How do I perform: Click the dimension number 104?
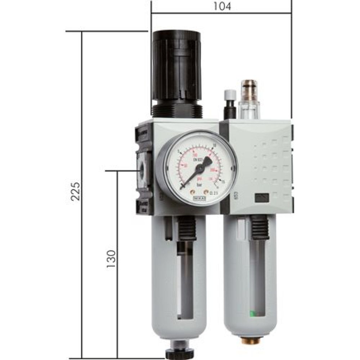pyautogui.click(x=222, y=6)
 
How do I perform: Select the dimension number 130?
pyautogui.click(x=111, y=258)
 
